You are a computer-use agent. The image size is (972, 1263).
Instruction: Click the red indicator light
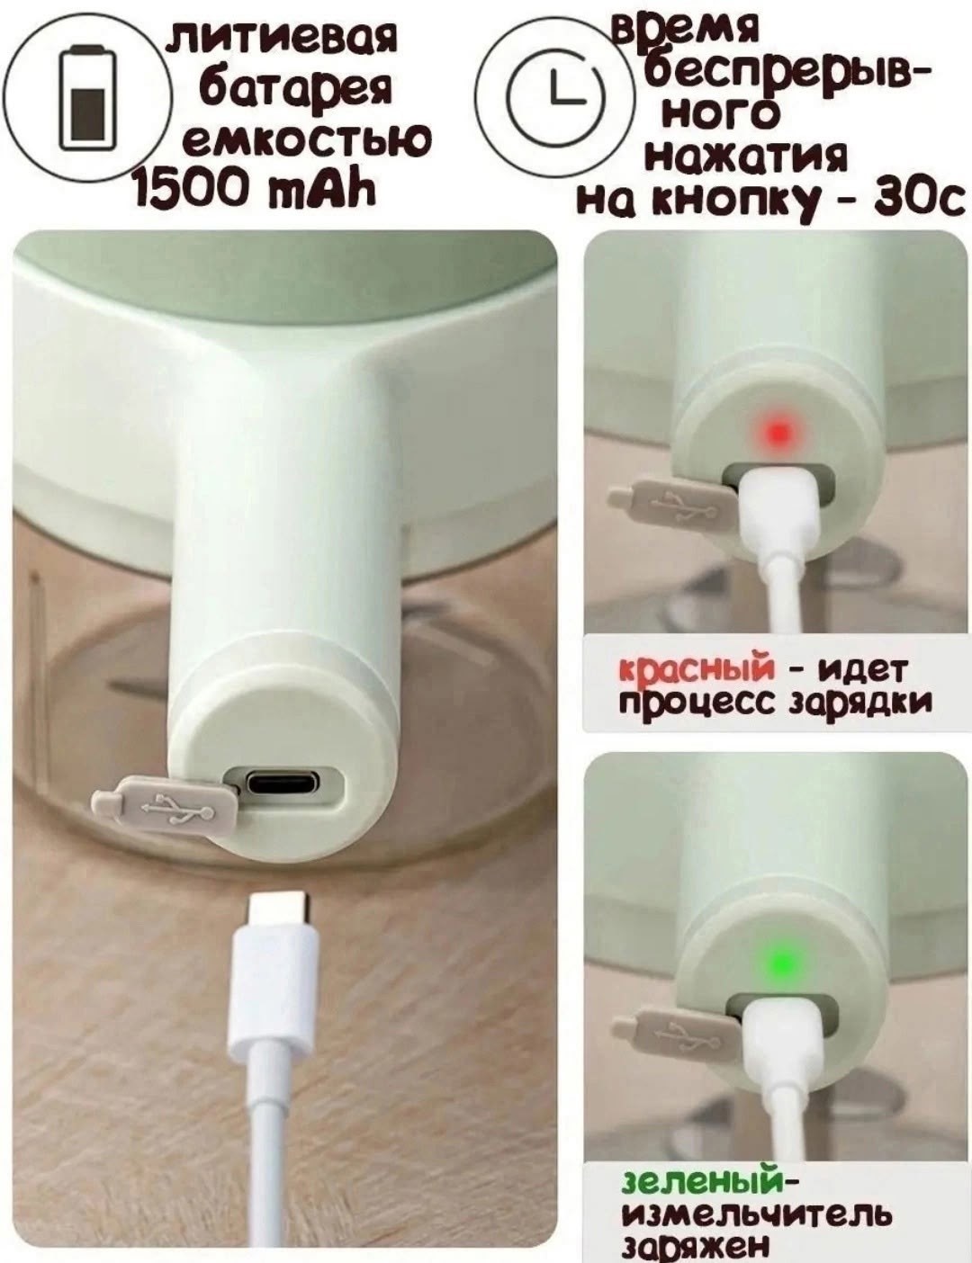pos(779,433)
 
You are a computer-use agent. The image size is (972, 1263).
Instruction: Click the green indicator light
pos(782,962)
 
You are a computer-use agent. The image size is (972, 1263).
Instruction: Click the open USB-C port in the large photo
pos(283,781)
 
